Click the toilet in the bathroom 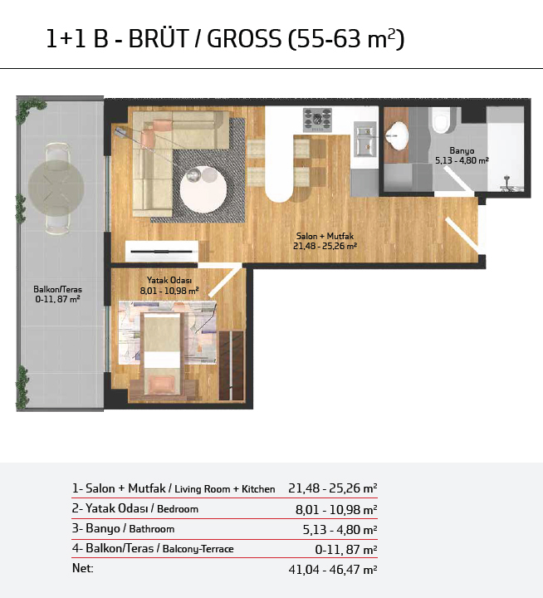tap(442, 120)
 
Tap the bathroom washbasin tap(397, 135)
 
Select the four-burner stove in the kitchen tap(317, 120)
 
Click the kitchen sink tap(365, 139)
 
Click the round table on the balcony tap(56, 189)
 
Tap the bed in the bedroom tap(162, 354)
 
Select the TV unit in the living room tap(162, 252)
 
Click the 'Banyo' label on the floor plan tap(462, 150)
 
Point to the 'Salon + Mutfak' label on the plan tap(325, 236)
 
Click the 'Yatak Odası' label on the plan tap(169, 281)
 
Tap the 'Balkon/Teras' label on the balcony tap(57, 290)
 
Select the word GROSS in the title tap(244, 38)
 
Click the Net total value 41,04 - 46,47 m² tap(333, 570)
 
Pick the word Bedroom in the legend tap(178, 509)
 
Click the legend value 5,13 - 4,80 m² tap(340, 529)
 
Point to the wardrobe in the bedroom tap(232, 365)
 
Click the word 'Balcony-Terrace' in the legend tap(198, 549)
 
